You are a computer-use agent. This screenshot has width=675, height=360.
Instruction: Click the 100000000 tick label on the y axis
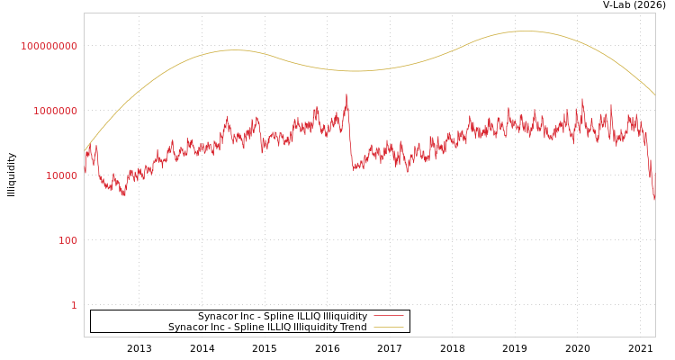pyautogui.click(x=49, y=46)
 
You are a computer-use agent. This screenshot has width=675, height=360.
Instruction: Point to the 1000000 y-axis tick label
pyautogui.click(x=56, y=111)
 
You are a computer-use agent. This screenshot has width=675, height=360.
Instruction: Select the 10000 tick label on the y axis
pyautogui.click(x=62, y=175)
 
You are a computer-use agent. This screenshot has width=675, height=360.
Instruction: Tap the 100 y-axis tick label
pyautogui.click(x=68, y=240)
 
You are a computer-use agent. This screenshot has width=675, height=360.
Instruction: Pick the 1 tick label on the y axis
pyautogui.click(x=74, y=305)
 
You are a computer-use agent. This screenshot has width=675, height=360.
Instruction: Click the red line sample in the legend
pyautogui.click(x=388, y=316)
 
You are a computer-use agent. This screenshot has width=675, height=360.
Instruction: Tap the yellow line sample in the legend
pyautogui.click(x=388, y=327)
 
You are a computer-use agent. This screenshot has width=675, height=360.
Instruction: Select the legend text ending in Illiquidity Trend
pyautogui.click(x=267, y=327)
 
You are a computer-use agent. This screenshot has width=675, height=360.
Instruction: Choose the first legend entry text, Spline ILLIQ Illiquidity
pyautogui.click(x=283, y=316)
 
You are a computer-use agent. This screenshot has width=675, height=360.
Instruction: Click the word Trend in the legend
pyautogui.click(x=353, y=327)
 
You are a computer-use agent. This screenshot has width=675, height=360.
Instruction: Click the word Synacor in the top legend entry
pyautogui.click(x=218, y=316)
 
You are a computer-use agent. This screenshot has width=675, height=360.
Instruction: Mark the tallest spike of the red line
pyautogui.click(x=346, y=94)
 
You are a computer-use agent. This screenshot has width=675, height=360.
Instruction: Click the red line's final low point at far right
pyautogui.click(x=654, y=199)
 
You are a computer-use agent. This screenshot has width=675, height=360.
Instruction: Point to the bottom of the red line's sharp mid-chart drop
pyautogui.click(x=355, y=169)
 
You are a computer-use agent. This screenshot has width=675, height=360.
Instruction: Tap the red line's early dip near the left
pyautogui.click(x=123, y=194)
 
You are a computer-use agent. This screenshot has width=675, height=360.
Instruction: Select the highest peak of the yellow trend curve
pyautogui.click(x=525, y=31)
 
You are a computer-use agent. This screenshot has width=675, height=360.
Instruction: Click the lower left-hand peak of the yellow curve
pyautogui.click(x=234, y=50)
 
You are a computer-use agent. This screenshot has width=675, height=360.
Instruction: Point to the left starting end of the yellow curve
pyautogui.click(x=85, y=150)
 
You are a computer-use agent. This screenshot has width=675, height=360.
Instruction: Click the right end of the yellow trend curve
pyautogui.click(x=654, y=95)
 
